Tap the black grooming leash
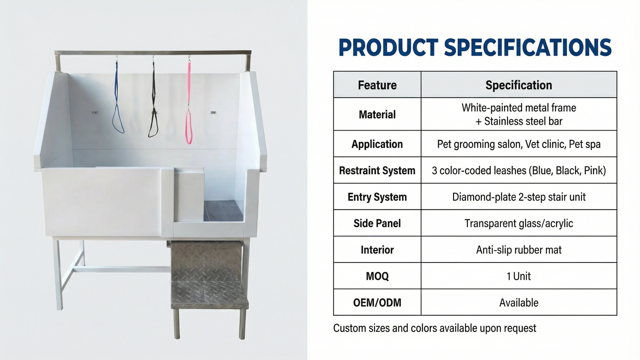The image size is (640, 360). click(153, 100)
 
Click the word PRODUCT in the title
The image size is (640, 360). click(388, 47)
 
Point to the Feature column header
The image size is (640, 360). click(377, 85)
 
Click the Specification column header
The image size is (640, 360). click(519, 85)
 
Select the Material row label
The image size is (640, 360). click(377, 114)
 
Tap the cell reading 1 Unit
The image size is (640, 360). click(519, 276)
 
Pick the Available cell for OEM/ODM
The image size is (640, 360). click(519, 303)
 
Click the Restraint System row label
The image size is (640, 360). click(377, 170)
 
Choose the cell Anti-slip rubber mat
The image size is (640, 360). click(519, 250)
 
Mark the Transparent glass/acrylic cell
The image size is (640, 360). click(519, 223)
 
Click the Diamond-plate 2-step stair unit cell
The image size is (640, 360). click(519, 197)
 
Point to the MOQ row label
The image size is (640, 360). click(377, 276)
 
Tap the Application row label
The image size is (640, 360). click(377, 144)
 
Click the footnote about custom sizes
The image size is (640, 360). click(435, 328)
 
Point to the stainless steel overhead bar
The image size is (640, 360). click(153, 52)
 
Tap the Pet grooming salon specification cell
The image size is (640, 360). click(519, 144)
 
